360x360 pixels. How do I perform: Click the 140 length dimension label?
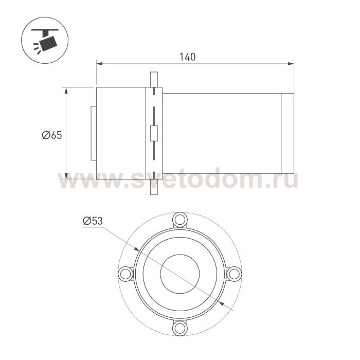point(187,57)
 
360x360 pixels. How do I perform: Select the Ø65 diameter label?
point(52,135)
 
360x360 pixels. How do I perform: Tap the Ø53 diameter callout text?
point(93,221)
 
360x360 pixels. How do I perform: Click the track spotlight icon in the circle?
point(45,41)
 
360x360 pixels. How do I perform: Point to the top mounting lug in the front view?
point(180,220)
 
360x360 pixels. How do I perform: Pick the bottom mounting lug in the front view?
point(180,328)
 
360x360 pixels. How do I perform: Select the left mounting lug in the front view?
point(125,274)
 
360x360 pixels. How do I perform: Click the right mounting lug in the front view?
point(234,274)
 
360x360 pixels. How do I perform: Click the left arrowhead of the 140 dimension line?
point(99,64)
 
